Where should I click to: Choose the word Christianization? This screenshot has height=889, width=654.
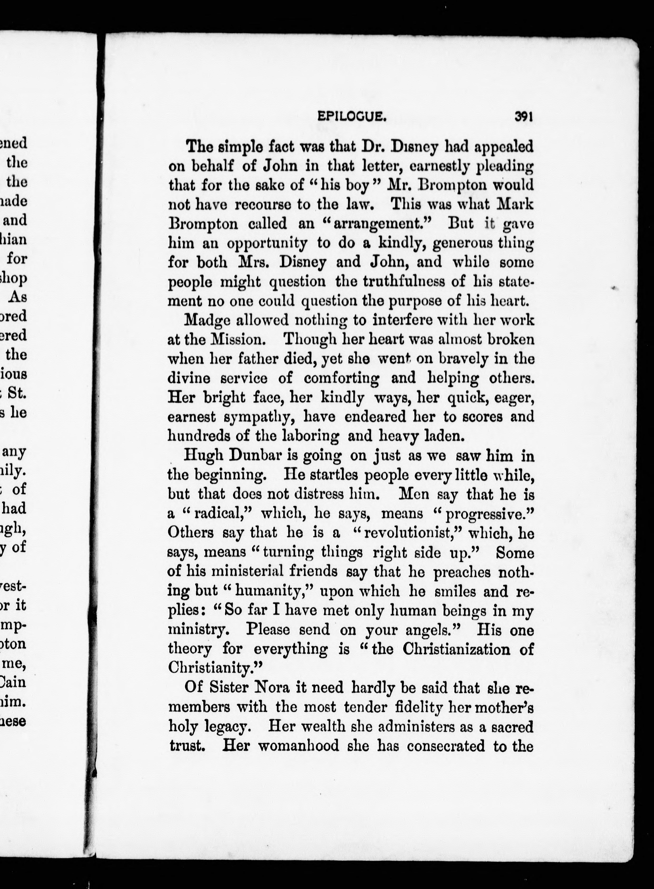tap(458, 649)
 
